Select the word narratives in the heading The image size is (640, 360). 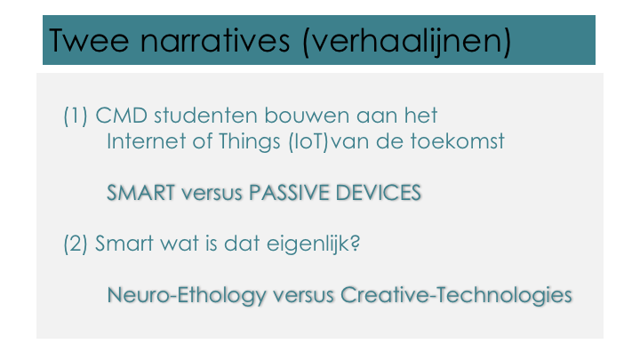point(215,40)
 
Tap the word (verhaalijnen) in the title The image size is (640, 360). point(407,42)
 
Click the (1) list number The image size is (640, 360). point(76,116)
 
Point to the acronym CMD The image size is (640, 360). point(121,116)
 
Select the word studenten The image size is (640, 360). point(206,116)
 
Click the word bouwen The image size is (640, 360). point(308,116)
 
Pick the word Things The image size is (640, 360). point(250,142)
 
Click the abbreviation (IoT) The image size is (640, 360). point(308,142)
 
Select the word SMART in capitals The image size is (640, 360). point(140,193)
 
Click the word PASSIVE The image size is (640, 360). point(289,193)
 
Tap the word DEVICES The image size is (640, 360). point(378,193)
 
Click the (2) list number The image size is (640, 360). point(76,244)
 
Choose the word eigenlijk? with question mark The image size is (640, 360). point(313,244)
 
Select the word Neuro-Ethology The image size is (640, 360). point(187,295)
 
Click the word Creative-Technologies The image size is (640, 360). point(456,295)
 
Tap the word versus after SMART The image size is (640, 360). point(212,194)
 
